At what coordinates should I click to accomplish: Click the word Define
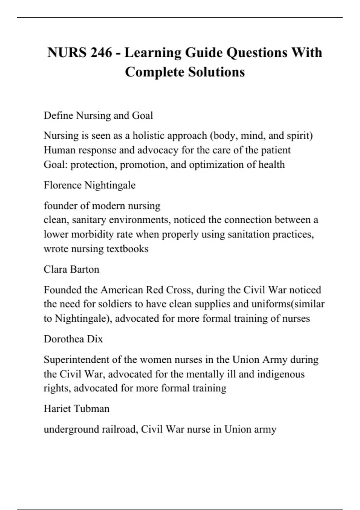pos(58,115)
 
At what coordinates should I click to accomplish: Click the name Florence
pos(62,185)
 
